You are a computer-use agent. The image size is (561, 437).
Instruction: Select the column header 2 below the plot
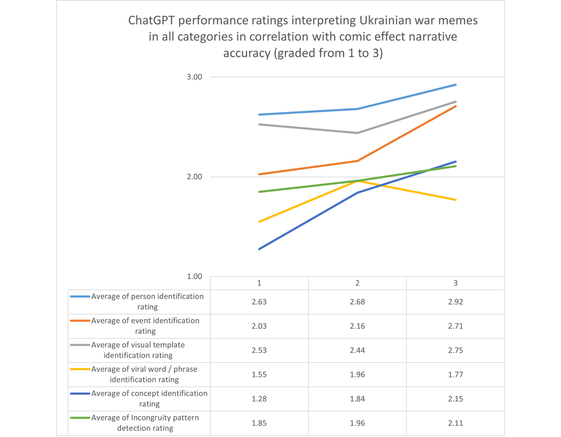pyautogui.click(x=357, y=283)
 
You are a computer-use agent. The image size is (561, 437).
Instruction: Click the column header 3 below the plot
pyautogui.click(x=455, y=283)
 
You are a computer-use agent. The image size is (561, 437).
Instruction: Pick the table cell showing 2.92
pyautogui.click(x=455, y=301)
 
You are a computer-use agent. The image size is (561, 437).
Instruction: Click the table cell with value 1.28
pyautogui.click(x=259, y=399)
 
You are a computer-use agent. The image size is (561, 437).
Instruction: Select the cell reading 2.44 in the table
pyautogui.click(x=357, y=350)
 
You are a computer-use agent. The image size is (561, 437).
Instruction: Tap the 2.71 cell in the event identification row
pyautogui.click(x=455, y=326)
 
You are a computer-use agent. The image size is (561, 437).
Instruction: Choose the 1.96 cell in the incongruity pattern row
pyautogui.click(x=357, y=423)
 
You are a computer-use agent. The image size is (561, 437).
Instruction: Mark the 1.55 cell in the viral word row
pyautogui.click(x=259, y=374)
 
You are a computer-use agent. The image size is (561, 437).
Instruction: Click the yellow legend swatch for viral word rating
pyautogui.click(x=80, y=369)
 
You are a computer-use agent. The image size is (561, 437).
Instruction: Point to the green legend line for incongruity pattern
pyautogui.click(x=80, y=418)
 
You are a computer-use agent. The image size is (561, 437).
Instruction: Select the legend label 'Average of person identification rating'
pyautogui.click(x=147, y=301)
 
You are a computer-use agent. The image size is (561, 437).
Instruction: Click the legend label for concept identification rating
pyautogui.click(x=149, y=399)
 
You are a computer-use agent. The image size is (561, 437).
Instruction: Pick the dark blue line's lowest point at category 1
pyautogui.click(x=259, y=249)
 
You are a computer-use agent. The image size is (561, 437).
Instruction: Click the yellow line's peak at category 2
pyautogui.click(x=357, y=181)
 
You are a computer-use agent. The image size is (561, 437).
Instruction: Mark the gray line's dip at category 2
pyautogui.click(x=357, y=133)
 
